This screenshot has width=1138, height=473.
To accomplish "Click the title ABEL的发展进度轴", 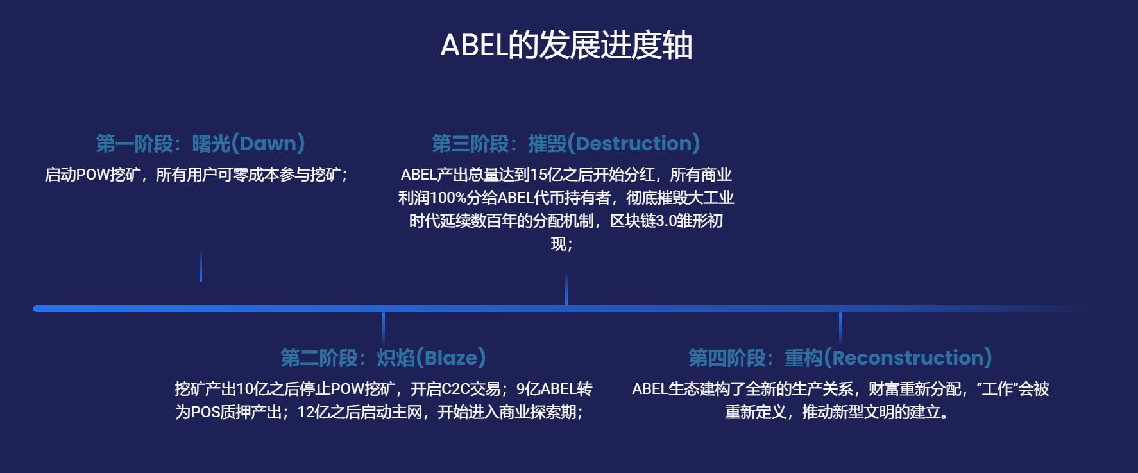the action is [x=566, y=45].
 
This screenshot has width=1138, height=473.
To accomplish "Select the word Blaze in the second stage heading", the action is [x=451, y=357].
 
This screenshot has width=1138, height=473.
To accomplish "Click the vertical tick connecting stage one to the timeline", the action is [x=201, y=266].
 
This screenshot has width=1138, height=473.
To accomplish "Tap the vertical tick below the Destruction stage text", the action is [x=566, y=289].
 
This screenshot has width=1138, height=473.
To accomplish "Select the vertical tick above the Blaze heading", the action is [x=384, y=329].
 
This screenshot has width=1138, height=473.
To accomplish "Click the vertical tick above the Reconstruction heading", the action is [x=840, y=329].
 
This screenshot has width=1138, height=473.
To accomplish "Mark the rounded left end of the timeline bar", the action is [x=36, y=309].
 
